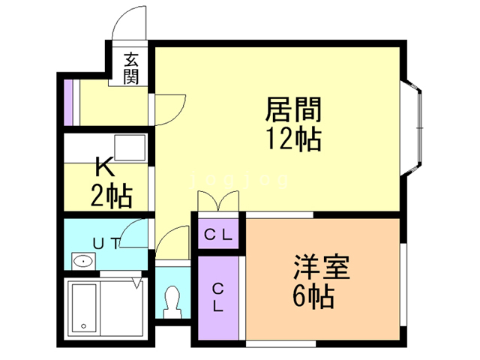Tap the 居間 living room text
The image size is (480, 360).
pos(293,111)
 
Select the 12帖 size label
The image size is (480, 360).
pos(292,139)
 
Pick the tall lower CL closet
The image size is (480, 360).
pos(217,298)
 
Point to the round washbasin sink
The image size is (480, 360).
pos(83,262)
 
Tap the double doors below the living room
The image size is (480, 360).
pos(218,202)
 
